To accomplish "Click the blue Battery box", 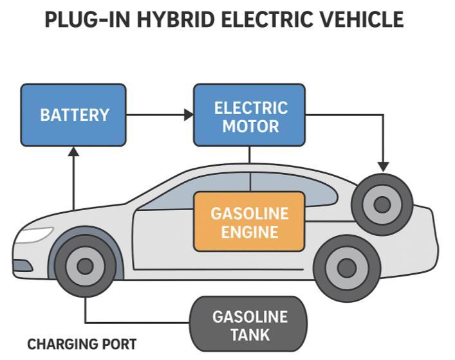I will pyautogui.click(x=73, y=115).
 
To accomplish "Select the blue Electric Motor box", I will pyautogui.click(x=250, y=115).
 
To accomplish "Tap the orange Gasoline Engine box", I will pyautogui.click(x=250, y=222).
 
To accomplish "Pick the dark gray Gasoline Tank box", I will pyautogui.click(x=249, y=325).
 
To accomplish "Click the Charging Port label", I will pyautogui.click(x=82, y=345).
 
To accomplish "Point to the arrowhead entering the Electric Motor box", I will pyautogui.click(x=189, y=115).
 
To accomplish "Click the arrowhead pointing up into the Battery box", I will pyautogui.click(x=73, y=152).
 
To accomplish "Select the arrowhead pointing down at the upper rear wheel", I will pyautogui.click(x=383, y=166).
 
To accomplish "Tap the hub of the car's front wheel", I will pyautogui.click(x=84, y=265).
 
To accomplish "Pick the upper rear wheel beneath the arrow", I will pyautogui.click(x=382, y=204).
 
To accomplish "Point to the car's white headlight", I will pyautogui.click(x=33, y=235).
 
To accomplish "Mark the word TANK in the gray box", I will pyautogui.click(x=250, y=334).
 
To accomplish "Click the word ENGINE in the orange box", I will pyautogui.click(x=250, y=232).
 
